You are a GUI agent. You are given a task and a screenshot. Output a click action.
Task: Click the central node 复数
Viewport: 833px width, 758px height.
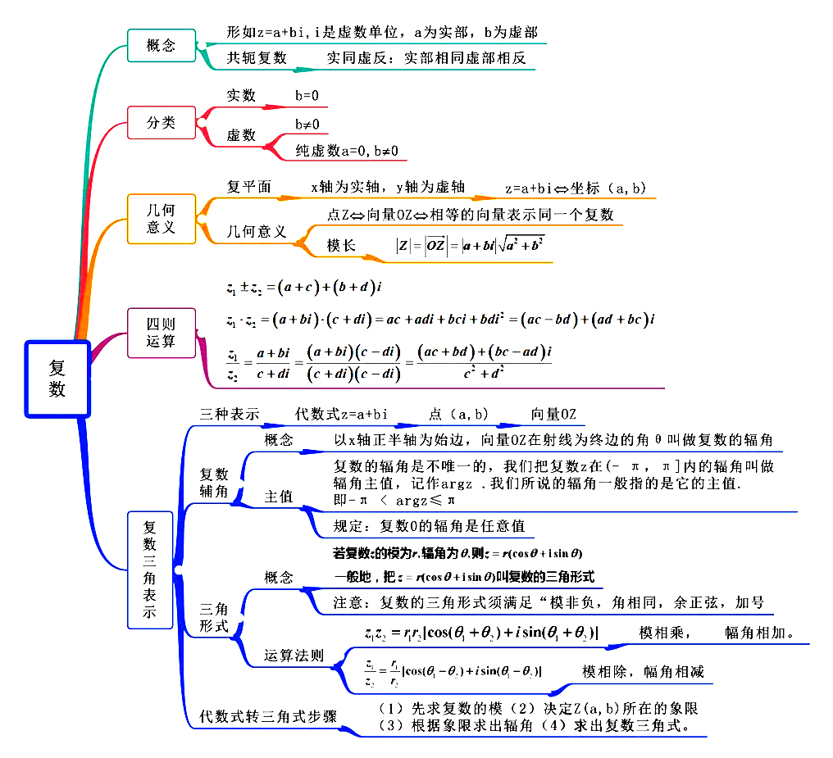tap(57, 379)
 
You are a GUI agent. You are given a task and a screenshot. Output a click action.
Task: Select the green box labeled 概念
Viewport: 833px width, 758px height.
tap(161, 45)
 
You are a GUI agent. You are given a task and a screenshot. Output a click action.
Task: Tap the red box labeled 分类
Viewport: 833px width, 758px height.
tap(161, 123)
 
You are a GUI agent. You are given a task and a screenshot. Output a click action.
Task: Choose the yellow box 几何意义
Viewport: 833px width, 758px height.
tap(161, 219)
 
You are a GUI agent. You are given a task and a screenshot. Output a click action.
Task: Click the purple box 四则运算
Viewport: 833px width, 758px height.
tap(161, 333)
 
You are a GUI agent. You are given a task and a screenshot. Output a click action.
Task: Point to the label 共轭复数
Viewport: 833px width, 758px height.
tap(257, 58)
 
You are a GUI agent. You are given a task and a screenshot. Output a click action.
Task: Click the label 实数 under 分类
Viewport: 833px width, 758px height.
tap(241, 96)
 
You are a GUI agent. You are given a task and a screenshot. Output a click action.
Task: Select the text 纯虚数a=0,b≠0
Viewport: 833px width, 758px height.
tap(346, 151)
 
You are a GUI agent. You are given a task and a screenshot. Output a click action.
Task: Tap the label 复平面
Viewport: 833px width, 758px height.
tap(248, 187)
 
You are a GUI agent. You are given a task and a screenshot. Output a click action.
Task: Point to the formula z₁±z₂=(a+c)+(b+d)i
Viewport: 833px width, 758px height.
tap(306, 287)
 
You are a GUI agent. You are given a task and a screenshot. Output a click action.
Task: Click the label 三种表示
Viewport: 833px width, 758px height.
tap(229, 415)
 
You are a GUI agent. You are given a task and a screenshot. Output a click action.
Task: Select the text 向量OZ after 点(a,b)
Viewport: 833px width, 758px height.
tap(553, 415)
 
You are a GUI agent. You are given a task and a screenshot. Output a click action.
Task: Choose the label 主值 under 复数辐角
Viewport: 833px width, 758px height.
tap(278, 497)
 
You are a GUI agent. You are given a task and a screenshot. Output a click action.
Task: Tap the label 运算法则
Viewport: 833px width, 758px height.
tap(294, 656)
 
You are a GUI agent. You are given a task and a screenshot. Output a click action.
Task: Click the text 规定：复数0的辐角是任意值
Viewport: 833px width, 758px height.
tap(429, 525)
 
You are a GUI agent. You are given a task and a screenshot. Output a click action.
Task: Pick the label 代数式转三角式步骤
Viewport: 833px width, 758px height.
tap(268, 715)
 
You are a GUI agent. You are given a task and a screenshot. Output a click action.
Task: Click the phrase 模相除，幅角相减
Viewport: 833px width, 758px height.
tap(643, 672)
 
